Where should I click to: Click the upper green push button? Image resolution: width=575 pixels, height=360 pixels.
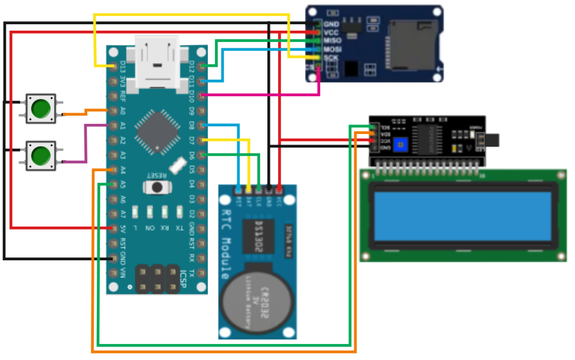(41, 108)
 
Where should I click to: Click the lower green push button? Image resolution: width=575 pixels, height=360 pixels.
(41, 156)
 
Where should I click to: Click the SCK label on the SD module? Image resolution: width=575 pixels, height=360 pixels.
(331, 58)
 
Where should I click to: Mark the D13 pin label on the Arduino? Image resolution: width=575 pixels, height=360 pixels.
(122, 66)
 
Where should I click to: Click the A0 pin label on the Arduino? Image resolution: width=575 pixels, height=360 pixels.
(122, 110)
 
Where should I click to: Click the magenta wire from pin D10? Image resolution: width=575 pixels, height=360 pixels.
(266, 94)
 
